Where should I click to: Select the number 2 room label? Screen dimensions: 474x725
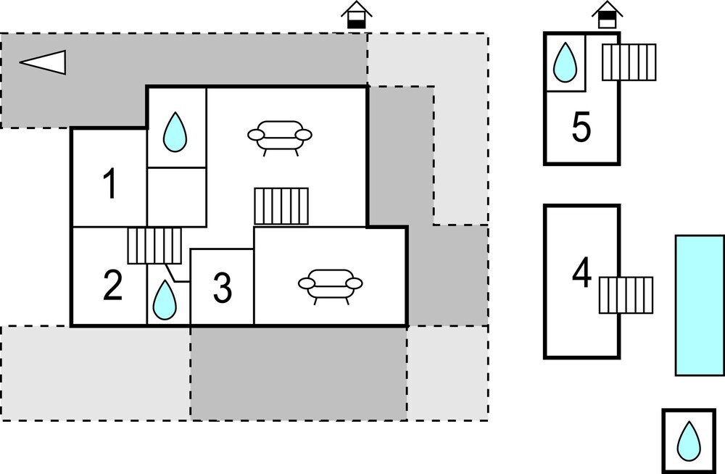point(112,286)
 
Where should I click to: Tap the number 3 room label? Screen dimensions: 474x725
point(223,288)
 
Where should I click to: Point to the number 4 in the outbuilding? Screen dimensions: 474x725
point(581,275)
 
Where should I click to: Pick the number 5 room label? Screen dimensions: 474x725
point(581,129)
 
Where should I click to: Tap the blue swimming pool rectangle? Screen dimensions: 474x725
point(700,305)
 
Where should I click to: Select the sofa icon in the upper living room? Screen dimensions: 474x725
point(280,136)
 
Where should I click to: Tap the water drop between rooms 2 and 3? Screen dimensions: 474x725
point(165,299)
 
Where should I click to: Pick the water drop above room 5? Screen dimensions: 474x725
point(564,62)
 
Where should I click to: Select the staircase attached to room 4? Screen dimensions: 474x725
point(626,295)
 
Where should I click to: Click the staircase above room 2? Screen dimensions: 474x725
point(154,246)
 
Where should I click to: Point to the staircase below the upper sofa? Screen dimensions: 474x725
point(281,207)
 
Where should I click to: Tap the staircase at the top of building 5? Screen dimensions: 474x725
point(629,62)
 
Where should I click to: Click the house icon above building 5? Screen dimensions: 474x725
point(607,14)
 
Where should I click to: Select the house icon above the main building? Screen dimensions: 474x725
point(356,14)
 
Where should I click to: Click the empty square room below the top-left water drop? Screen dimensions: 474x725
point(176,197)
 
